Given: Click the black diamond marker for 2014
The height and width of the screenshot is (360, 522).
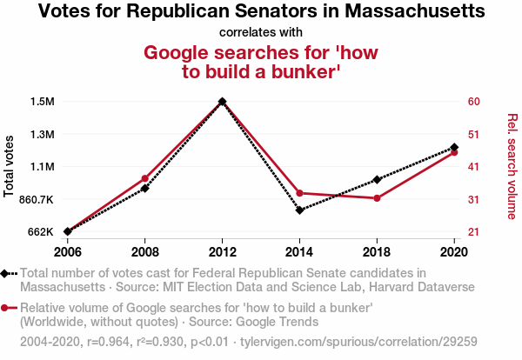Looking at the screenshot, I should tap(299, 210).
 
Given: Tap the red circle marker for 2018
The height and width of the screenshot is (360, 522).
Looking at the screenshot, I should tap(377, 198).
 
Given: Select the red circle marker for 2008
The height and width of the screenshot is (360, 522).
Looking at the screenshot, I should tap(145, 178).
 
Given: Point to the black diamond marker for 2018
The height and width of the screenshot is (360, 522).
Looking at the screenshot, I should tap(377, 179).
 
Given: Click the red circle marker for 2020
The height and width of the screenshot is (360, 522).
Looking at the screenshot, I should tap(454, 152).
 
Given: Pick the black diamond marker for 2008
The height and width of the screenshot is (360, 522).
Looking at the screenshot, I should tap(145, 188).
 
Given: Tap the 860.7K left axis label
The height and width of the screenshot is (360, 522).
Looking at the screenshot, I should tap(35, 199).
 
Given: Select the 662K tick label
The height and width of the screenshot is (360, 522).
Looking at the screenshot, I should tap(40, 232).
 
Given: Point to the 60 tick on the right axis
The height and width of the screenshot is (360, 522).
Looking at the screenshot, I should tap(474, 102).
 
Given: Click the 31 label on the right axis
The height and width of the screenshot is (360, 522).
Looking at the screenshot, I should tap(474, 199).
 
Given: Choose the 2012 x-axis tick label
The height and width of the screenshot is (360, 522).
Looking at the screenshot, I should tap(223, 251).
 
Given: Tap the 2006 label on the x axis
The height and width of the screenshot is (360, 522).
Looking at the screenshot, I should tap(68, 251).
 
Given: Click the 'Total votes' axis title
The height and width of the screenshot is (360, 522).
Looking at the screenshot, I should tap(10, 166).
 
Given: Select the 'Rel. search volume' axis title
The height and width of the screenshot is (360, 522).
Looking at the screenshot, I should tap(512, 166).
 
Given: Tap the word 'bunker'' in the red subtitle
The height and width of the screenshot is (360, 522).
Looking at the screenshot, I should tap(291, 73).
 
